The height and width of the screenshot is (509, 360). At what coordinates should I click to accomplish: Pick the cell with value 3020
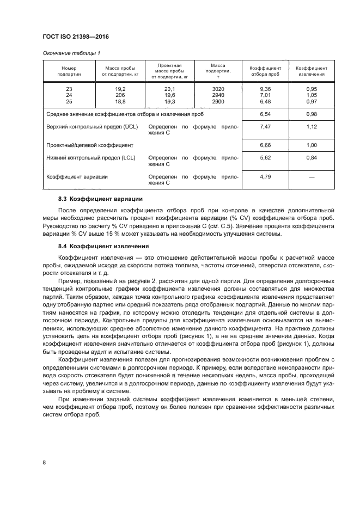tap(218, 89)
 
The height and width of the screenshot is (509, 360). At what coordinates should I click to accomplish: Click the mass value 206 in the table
tap(120, 95)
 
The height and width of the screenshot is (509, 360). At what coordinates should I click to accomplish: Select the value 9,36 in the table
tap(265, 89)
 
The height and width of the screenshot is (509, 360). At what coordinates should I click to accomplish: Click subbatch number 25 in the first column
tap(69, 102)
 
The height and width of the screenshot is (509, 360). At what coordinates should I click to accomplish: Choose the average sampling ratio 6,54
tap(265, 114)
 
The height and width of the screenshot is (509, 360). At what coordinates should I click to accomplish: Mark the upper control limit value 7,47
tap(265, 126)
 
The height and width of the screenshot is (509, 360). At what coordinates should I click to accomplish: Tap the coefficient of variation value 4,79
tap(265, 176)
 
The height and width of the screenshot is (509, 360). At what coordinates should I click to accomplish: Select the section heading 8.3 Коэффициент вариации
tap(100, 199)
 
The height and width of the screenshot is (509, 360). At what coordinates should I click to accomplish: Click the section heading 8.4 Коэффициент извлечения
tap(103, 247)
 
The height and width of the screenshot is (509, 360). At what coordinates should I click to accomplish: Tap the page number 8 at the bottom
tap(44, 462)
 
